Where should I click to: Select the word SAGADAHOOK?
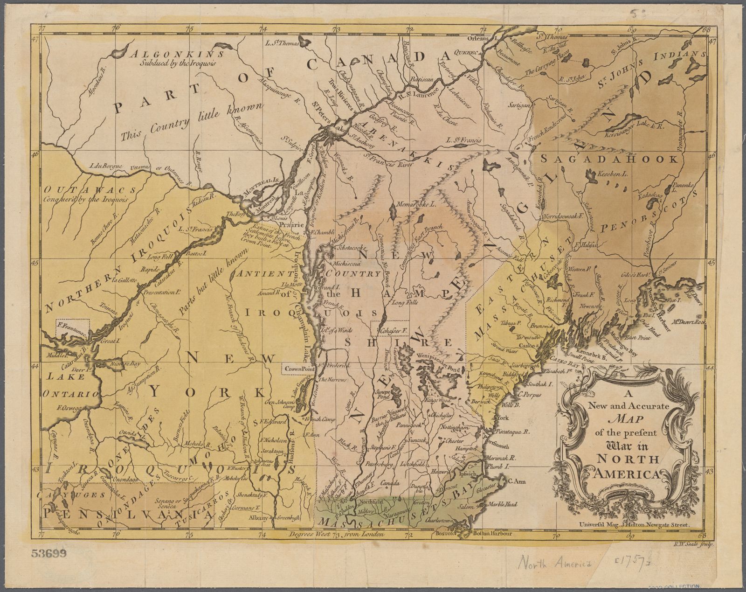[610, 159]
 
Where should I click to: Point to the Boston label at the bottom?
[445, 535]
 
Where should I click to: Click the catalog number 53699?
[49, 553]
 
